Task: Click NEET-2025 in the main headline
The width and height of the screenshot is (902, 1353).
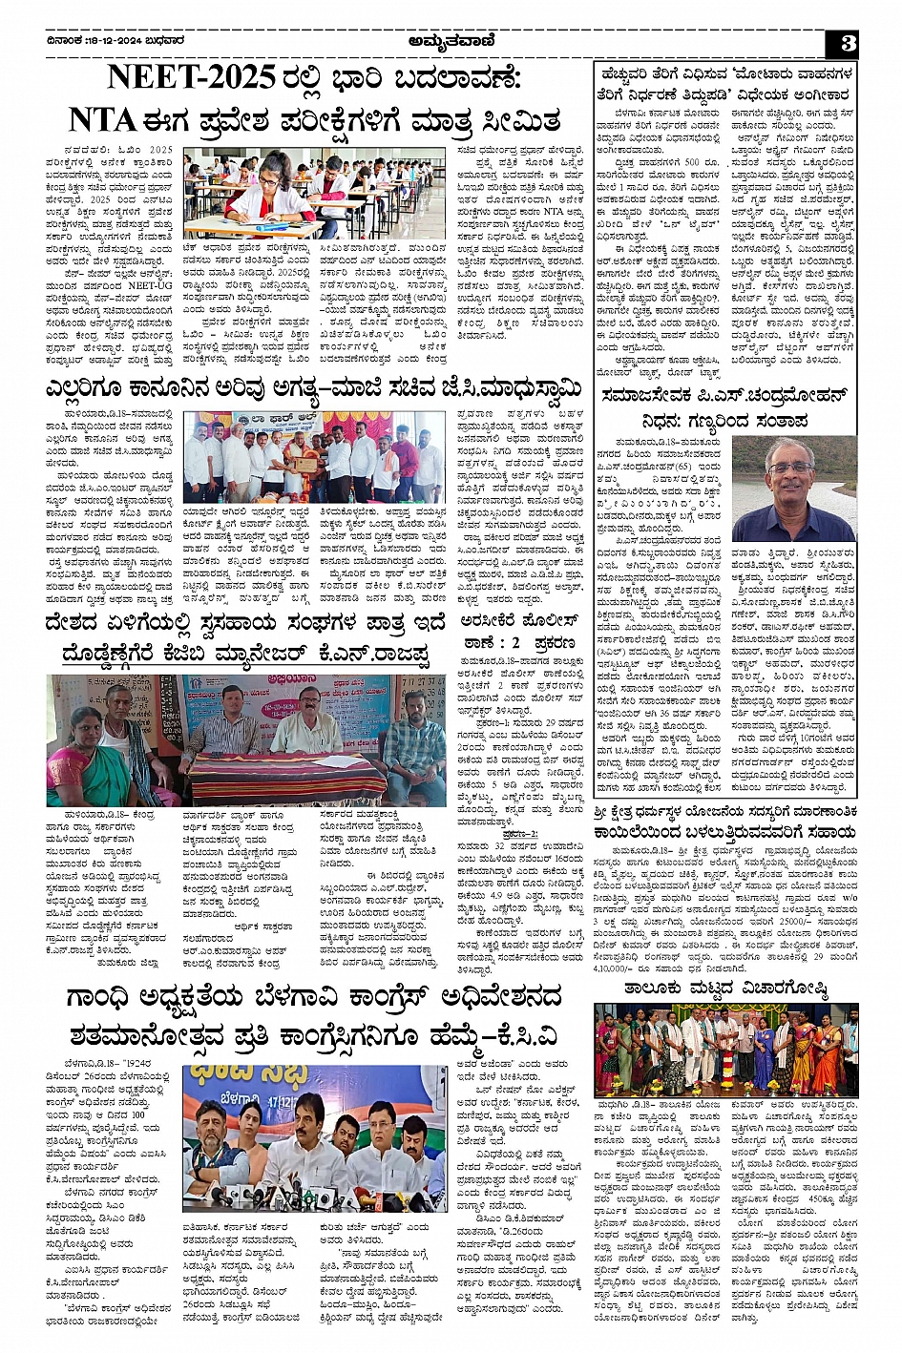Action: [192, 78]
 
